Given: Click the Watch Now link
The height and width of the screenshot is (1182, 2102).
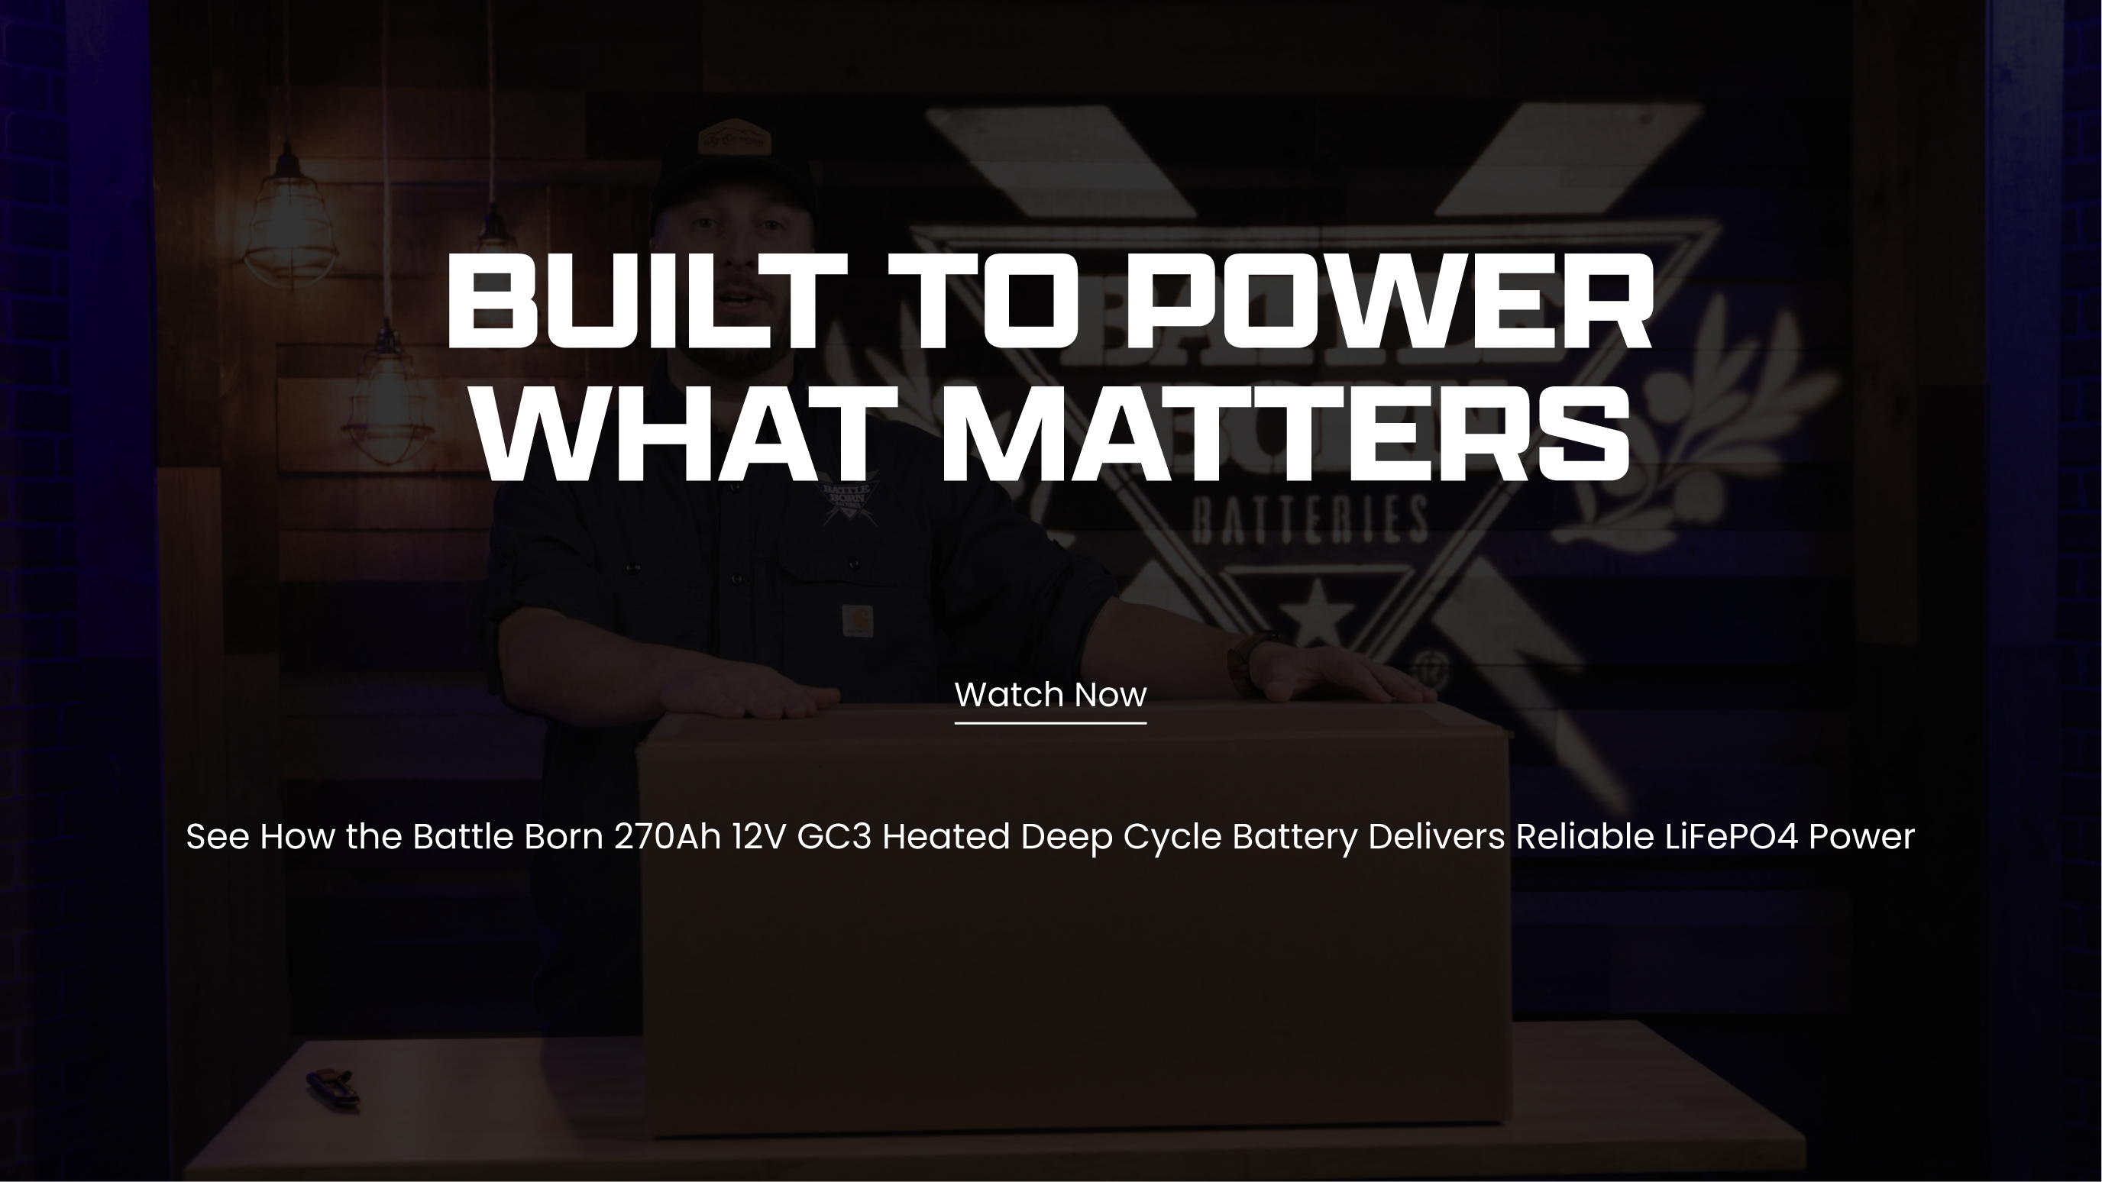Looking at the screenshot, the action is (1050, 695).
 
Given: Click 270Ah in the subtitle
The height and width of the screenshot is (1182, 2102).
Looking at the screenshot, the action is (668, 837).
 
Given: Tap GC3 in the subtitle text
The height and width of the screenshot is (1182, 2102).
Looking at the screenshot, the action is (834, 837).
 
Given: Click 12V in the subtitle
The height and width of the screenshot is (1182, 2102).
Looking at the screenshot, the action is (759, 837).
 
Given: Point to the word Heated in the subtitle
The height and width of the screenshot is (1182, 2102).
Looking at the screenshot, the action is (946, 837).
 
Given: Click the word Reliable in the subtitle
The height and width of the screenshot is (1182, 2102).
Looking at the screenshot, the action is (1585, 837).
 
